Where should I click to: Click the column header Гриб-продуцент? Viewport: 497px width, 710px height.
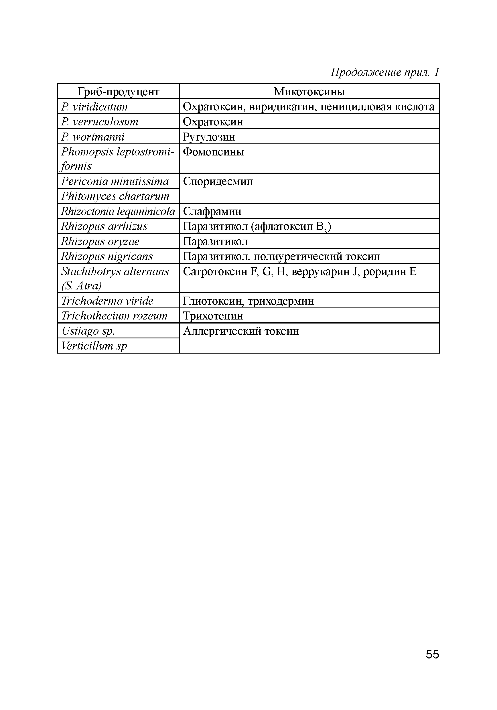coord(118,92)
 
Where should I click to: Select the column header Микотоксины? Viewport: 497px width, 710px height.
coord(309,92)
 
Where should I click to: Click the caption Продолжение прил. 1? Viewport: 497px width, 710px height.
coord(384,72)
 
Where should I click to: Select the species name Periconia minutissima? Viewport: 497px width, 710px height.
coord(115,181)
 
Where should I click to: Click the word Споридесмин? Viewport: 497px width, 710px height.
coord(218,181)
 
